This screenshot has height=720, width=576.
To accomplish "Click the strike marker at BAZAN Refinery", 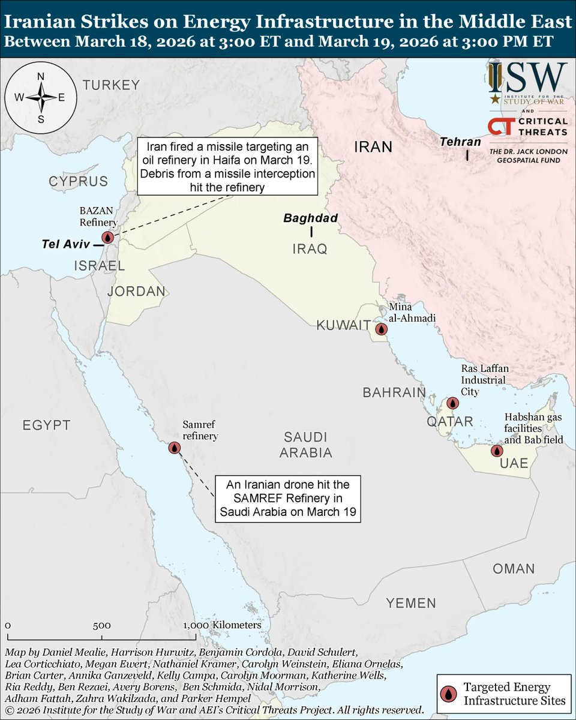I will tap(108, 238).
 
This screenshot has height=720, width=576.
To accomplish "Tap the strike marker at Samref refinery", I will tap(174, 448).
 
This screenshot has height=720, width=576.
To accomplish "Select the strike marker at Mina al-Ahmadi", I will tap(381, 329).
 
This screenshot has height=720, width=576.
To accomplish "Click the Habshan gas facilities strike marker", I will tap(496, 451).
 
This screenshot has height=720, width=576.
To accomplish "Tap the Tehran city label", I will tap(460, 142).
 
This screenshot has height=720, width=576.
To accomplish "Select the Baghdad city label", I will tap(311, 218).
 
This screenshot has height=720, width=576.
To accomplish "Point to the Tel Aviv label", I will tap(65, 245).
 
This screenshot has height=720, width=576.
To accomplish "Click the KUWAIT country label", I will tap(343, 326).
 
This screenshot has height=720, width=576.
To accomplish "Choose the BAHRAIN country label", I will tap(394, 393).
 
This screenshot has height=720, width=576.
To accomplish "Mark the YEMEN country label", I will tap(411, 603).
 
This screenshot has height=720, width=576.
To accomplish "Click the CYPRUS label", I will tap(79, 182).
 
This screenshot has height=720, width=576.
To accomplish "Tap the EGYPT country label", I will tap(47, 425).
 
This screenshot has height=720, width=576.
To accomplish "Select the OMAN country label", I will tap(514, 569).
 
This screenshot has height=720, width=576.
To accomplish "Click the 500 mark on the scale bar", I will tap(101, 625).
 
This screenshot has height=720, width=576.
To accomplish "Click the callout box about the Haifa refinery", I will tap(227, 166).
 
